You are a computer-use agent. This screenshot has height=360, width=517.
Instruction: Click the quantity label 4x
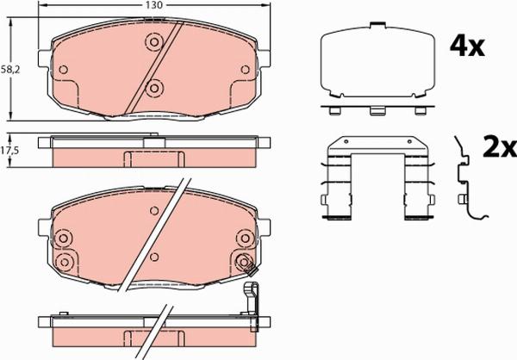469,45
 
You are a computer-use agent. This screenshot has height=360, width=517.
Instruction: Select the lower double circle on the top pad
153,86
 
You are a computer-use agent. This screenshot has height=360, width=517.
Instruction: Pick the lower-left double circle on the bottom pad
61,261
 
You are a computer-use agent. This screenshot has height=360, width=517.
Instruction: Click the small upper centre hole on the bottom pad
153,212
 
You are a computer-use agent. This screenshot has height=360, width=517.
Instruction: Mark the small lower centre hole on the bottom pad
153,256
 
